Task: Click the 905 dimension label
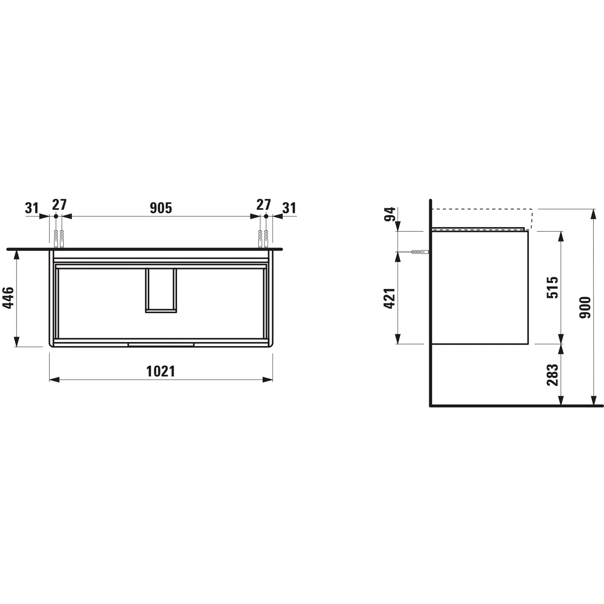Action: click(x=161, y=208)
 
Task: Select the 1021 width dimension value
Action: click(x=161, y=371)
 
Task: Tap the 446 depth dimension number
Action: click(x=8, y=298)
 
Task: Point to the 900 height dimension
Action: click(x=585, y=307)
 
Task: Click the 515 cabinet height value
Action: click(x=552, y=287)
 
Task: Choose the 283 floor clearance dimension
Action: click(x=552, y=375)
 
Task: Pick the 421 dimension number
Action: click(x=390, y=298)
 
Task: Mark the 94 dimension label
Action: click(x=390, y=214)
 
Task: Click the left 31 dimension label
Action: click(x=32, y=208)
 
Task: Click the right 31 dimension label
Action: click(x=289, y=208)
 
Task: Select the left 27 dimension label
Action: click(x=59, y=205)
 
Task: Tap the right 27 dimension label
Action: click(x=263, y=205)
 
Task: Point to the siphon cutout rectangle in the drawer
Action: click(x=161, y=290)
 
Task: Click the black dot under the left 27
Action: click(x=56, y=216)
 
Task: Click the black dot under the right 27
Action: click(x=266, y=216)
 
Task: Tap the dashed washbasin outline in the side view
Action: click(x=481, y=209)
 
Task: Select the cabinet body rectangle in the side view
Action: click(x=480, y=287)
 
